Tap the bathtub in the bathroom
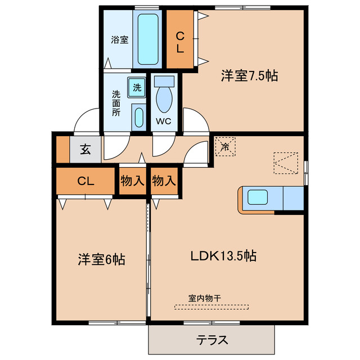click(x=150, y=39)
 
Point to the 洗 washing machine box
click(x=137, y=88)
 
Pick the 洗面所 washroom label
click(x=115, y=102)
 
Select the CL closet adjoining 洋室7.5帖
click(x=180, y=42)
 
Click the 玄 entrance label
click(x=85, y=150)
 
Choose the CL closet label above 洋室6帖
click(x=85, y=181)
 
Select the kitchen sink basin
click(x=259, y=198)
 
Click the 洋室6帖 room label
click(x=101, y=259)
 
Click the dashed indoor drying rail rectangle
click(x=211, y=307)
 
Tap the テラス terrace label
click(x=212, y=340)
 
